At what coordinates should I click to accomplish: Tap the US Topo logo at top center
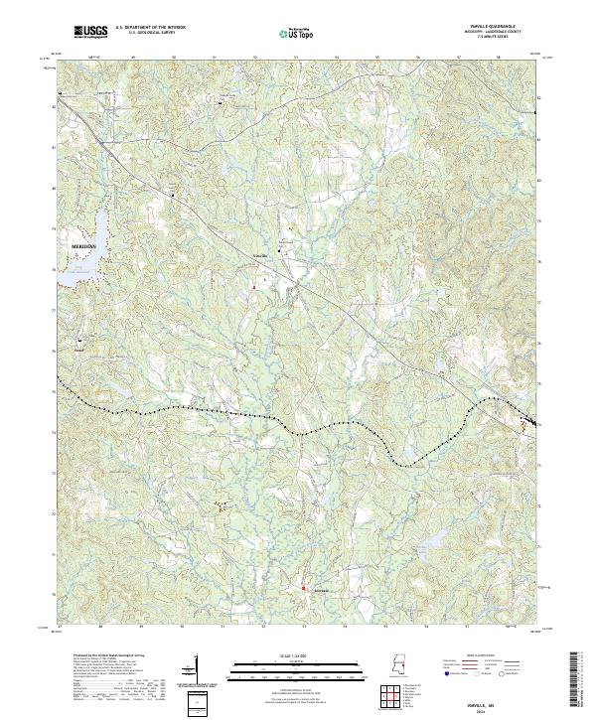(296, 34)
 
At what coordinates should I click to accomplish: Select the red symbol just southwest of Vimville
(253, 287)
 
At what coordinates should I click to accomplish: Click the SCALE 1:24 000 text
(298, 656)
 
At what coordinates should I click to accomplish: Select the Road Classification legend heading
(483, 656)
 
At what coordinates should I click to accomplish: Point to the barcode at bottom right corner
(575, 680)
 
